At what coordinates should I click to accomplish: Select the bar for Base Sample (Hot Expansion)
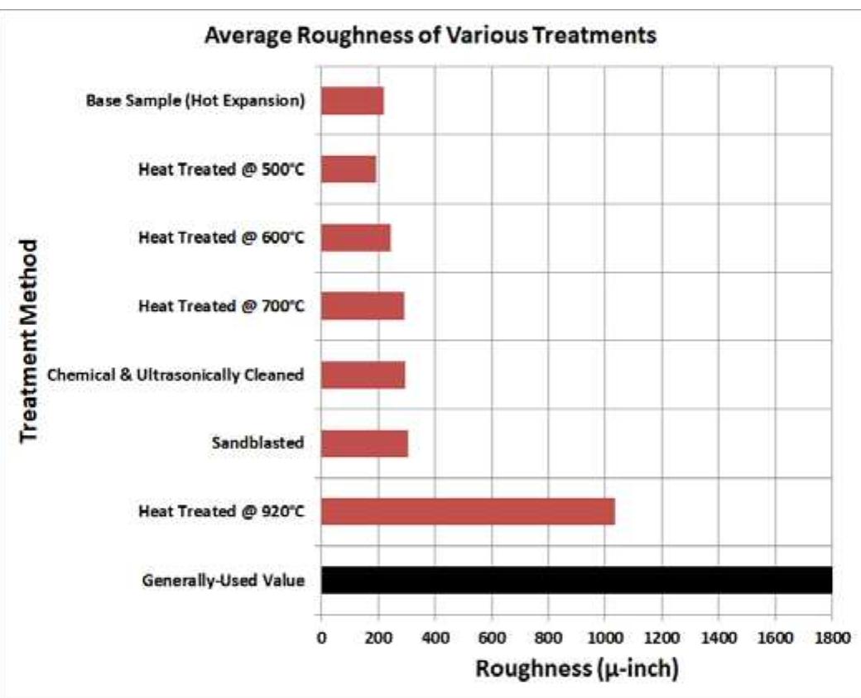352,102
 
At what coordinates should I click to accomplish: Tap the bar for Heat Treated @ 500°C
349,170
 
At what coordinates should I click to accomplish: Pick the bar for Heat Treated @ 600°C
356,238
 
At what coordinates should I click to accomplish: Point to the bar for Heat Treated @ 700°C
363,306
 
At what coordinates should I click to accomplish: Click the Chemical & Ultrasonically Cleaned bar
363,375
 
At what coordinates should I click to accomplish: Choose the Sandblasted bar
364,443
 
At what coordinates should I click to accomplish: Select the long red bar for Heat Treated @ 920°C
468,511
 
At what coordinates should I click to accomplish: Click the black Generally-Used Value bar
576,580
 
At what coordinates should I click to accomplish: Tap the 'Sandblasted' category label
257,443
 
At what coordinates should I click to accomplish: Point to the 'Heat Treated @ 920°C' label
222,512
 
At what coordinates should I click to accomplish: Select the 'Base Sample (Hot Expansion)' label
195,102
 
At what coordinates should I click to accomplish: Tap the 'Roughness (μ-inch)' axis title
577,668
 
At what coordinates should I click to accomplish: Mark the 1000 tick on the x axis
605,637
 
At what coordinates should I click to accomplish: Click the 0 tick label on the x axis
321,637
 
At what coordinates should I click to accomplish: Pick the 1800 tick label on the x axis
831,637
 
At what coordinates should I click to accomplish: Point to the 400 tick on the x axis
435,637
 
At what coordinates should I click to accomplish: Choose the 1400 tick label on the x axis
718,637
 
